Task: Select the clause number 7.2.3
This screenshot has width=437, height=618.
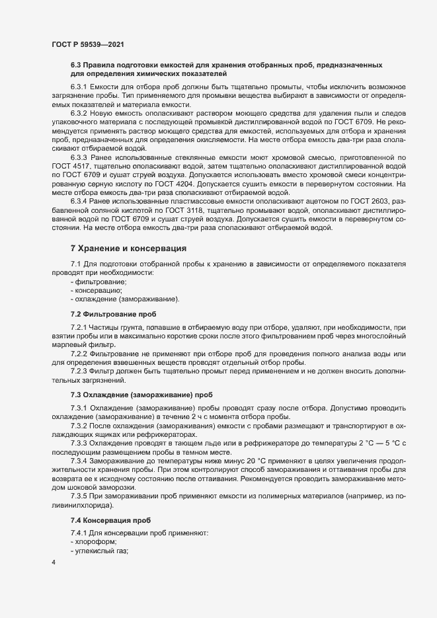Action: pyautogui.click(x=79, y=371)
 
